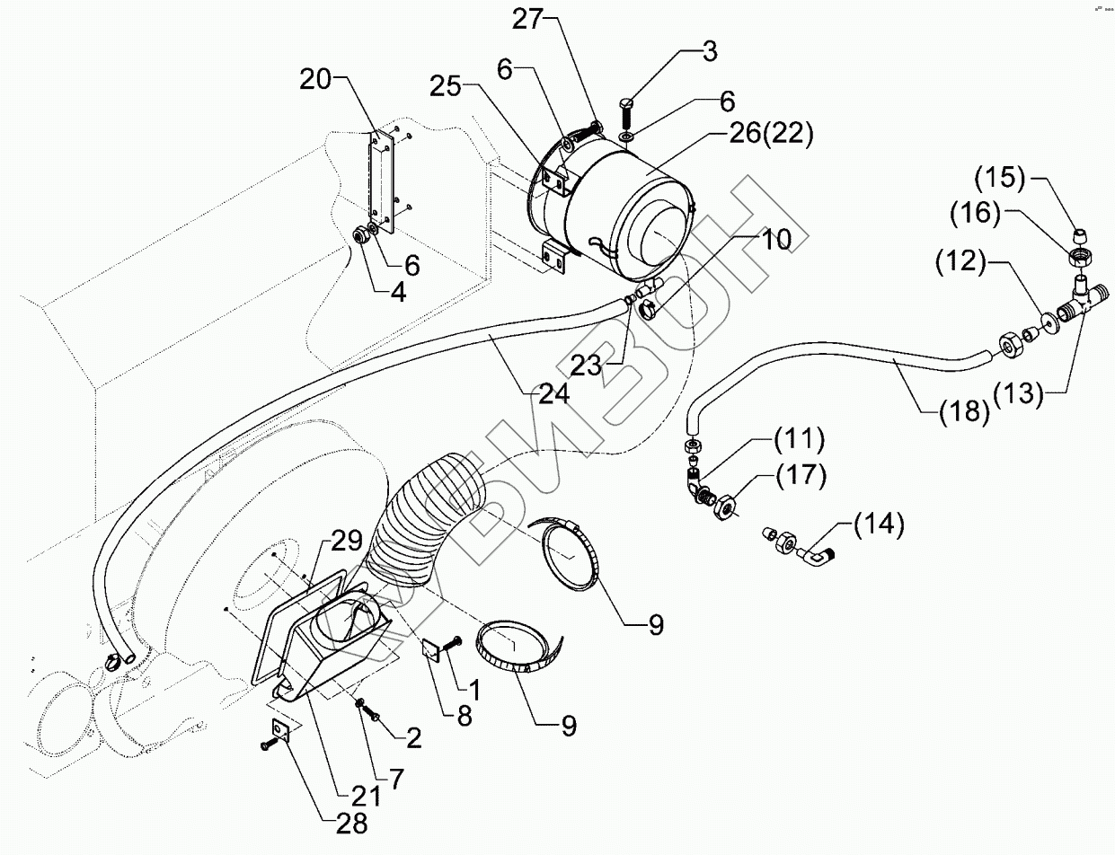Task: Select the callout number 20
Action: pyautogui.click(x=316, y=80)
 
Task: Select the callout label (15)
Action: pyautogui.click(x=997, y=179)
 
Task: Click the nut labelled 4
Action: pyautogui.click(x=362, y=236)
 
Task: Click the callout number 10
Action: pyautogui.click(x=778, y=240)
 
